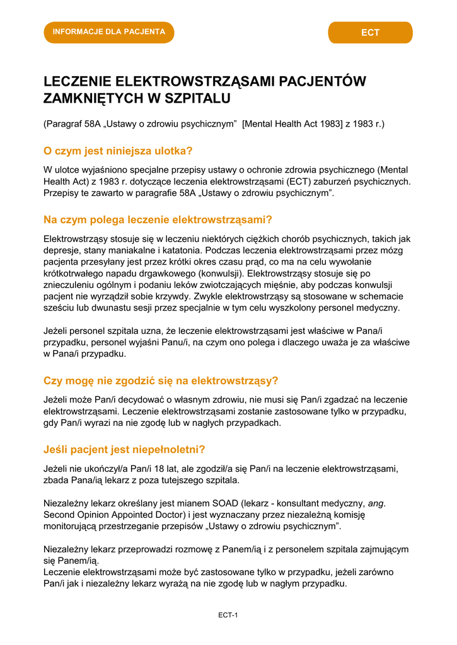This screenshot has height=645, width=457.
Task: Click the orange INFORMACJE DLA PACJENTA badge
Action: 108,32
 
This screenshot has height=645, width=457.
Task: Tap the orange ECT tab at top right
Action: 370,33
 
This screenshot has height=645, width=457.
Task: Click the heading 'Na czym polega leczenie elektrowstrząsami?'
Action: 158,220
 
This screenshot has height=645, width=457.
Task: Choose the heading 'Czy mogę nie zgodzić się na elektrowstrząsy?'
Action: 161,380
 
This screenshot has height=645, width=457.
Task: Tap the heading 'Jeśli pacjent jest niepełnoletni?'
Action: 124,450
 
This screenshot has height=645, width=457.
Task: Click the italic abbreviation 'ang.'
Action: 376,503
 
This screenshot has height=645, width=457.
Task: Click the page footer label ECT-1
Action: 228,615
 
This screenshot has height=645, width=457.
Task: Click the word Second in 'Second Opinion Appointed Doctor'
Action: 61,515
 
